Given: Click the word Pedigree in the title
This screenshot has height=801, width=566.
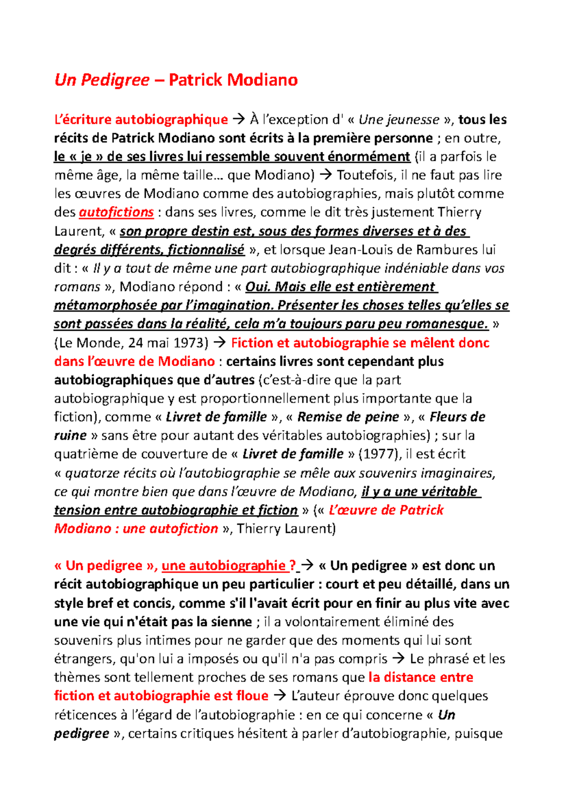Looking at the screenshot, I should (x=115, y=80).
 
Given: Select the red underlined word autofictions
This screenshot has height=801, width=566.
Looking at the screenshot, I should (x=116, y=212).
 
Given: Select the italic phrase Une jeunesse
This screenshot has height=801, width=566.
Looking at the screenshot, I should (x=399, y=120).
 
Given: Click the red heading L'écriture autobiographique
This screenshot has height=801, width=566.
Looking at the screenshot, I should (x=141, y=120).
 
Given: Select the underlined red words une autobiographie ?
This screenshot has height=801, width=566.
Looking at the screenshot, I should (x=229, y=566).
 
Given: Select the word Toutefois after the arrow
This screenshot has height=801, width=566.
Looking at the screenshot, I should (x=366, y=175).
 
